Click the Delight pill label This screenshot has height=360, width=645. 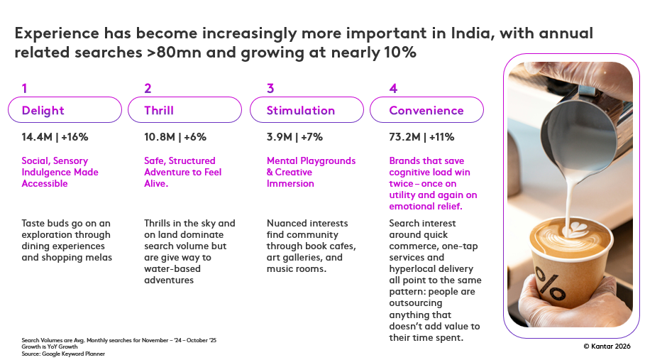[43, 111]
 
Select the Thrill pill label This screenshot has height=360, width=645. [159, 111]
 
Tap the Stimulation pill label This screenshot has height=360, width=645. [301, 111]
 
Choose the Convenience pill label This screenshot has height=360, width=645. [426, 111]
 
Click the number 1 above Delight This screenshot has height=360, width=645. [25, 89]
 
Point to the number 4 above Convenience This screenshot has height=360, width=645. [393, 89]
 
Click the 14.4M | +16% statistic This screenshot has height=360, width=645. [55, 137]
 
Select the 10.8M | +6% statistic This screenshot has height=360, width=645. [175, 137]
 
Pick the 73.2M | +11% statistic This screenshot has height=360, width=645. [421, 137]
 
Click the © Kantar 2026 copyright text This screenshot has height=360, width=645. [607, 346]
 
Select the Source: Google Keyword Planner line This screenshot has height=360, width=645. [63, 353]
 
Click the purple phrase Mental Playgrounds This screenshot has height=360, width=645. [311, 161]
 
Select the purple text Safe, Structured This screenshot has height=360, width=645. [180, 161]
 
